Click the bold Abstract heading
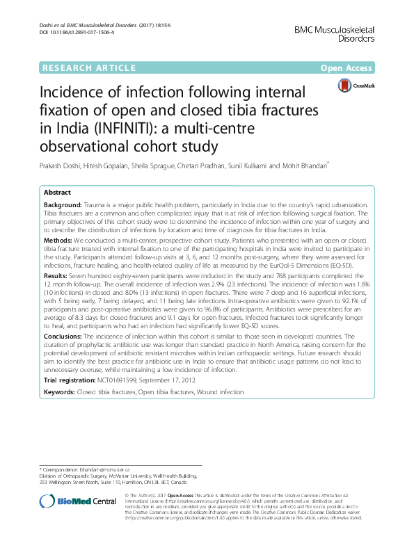[x=57, y=193]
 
